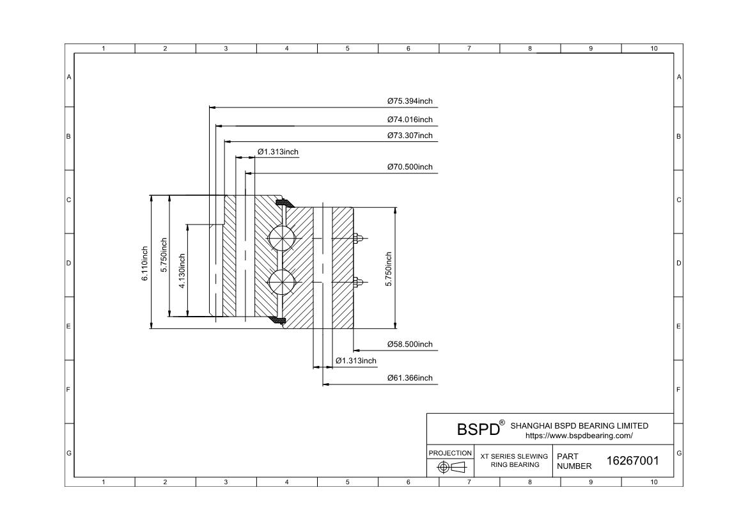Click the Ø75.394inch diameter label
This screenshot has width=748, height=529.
[x=410, y=101]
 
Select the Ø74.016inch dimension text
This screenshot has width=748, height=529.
[x=410, y=120]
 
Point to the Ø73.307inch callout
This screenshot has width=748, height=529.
[x=410, y=136]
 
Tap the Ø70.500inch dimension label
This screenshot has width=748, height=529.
[x=410, y=167]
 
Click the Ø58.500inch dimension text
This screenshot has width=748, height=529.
[x=410, y=344]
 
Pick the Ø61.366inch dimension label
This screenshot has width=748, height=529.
[x=410, y=378]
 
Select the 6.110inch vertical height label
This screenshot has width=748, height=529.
[x=145, y=264]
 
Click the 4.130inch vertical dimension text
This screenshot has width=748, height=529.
[x=182, y=271]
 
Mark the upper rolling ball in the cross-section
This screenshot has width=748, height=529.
[x=282, y=238]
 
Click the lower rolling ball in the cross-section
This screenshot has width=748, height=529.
[x=282, y=282]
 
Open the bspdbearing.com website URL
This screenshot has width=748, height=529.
[x=579, y=436]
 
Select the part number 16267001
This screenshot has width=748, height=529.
[x=632, y=461]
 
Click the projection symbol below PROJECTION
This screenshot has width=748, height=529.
[x=451, y=467]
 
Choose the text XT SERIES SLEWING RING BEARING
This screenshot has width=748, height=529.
[x=514, y=461]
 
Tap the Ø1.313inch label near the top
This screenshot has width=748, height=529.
[x=278, y=152]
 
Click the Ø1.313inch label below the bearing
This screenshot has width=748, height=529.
[x=356, y=361]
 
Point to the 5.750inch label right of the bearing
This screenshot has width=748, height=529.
[x=389, y=269]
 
